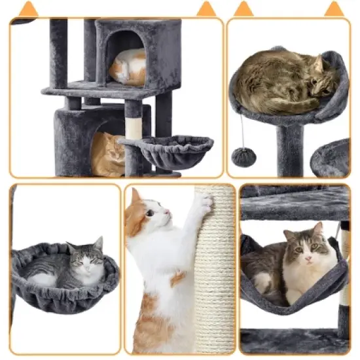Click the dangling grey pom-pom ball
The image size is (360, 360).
pyautogui.click(x=243, y=157)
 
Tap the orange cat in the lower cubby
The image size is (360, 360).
pyautogui.click(x=107, y=154)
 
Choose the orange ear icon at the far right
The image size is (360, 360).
pyautogui.click(x=334, y=9)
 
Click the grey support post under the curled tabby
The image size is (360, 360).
pyautogui.click(x=289, y=150)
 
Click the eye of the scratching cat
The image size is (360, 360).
pyautogui.click(x=151, y=213)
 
